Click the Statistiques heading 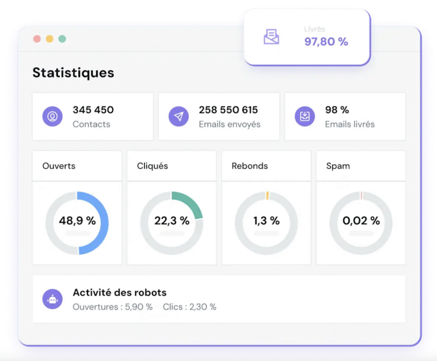(x=73, y=73)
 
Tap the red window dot (x=37, y=39)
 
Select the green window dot (x=62, y=39)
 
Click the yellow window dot (x=50, y=39)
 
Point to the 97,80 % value (x=326, y=41)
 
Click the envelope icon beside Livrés (x=271, y=37)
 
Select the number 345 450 (x=93, y=110)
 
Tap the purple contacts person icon (x=52, y=116)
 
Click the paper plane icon (x=179, y=116)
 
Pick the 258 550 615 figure (x=228, y=110)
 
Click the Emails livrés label (x=350, y=124)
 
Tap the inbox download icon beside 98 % (x=305, y=116)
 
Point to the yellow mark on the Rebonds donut (x=267, y=195)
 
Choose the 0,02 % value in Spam (x=361, y=221)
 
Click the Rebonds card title (x=250, y=166)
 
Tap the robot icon (x=52, y=299)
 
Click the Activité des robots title (x=119, y=293)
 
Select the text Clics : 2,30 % (x=189, y=307)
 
